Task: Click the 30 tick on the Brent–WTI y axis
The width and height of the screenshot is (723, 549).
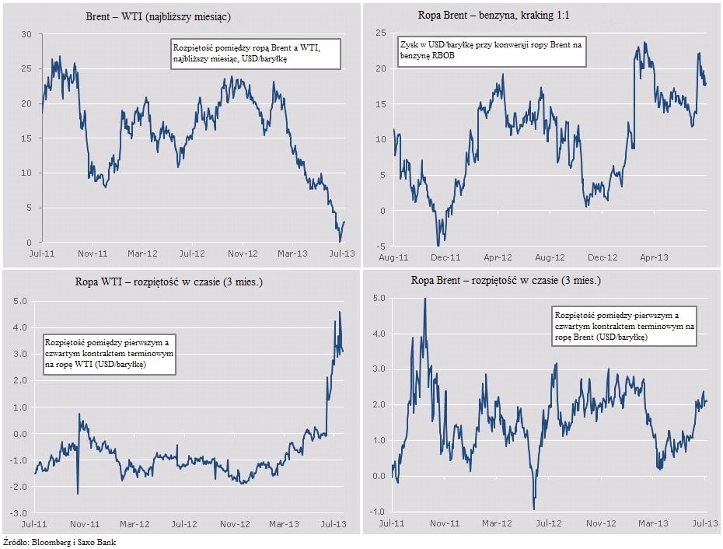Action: pyautogui.click(x=26, y=35)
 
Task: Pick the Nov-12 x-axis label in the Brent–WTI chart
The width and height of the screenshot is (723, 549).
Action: pyautogui.click(x=242, y=254)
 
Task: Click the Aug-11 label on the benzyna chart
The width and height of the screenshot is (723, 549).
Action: pyautogui.click(x=394, y=257)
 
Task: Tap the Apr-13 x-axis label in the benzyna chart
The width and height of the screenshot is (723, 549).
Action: pyautogui.click(x=654, y=257)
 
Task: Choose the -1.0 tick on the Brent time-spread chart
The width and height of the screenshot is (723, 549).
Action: pyautogui.click(x=379, y=512)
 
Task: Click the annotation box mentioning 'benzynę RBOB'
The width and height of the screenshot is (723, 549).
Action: pyautogui.click(x=491, y=52)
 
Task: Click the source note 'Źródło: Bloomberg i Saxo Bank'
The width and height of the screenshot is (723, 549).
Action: pyautogui.click(x=60, y=541)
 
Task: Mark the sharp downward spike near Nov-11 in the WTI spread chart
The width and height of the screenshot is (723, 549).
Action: pyautogui.click(x=78, y=492)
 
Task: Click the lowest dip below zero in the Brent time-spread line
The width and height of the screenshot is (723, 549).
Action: pyautogui.click(x=534, y=509)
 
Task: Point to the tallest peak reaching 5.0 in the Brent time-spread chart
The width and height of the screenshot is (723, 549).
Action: pyautogui.click(x=424, y=299)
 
